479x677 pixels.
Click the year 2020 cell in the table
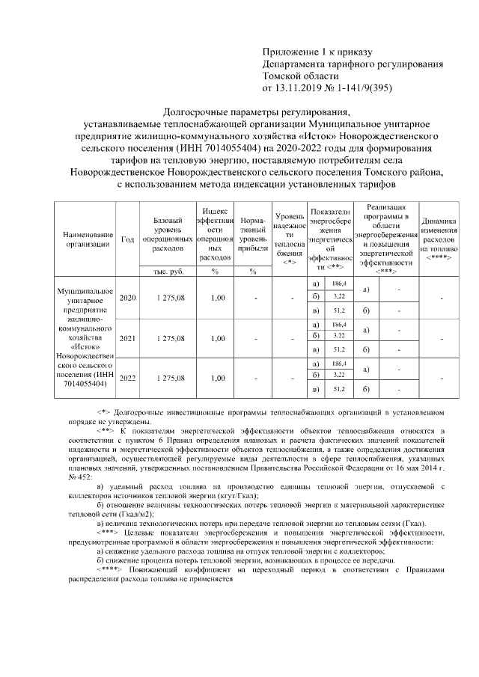pos(128,298)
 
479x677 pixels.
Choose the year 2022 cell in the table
pos(128,378)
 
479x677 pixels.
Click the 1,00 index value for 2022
pos(217,378)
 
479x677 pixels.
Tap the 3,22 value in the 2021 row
pos(338,337)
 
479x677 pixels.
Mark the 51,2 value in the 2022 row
pos(338,389)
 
